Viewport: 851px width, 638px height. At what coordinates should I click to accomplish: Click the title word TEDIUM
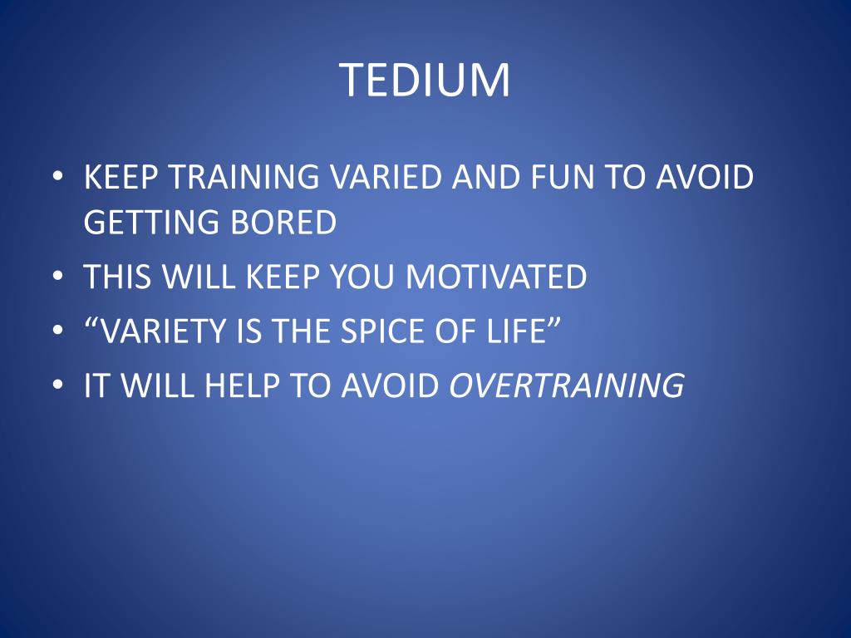point(425,81)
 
